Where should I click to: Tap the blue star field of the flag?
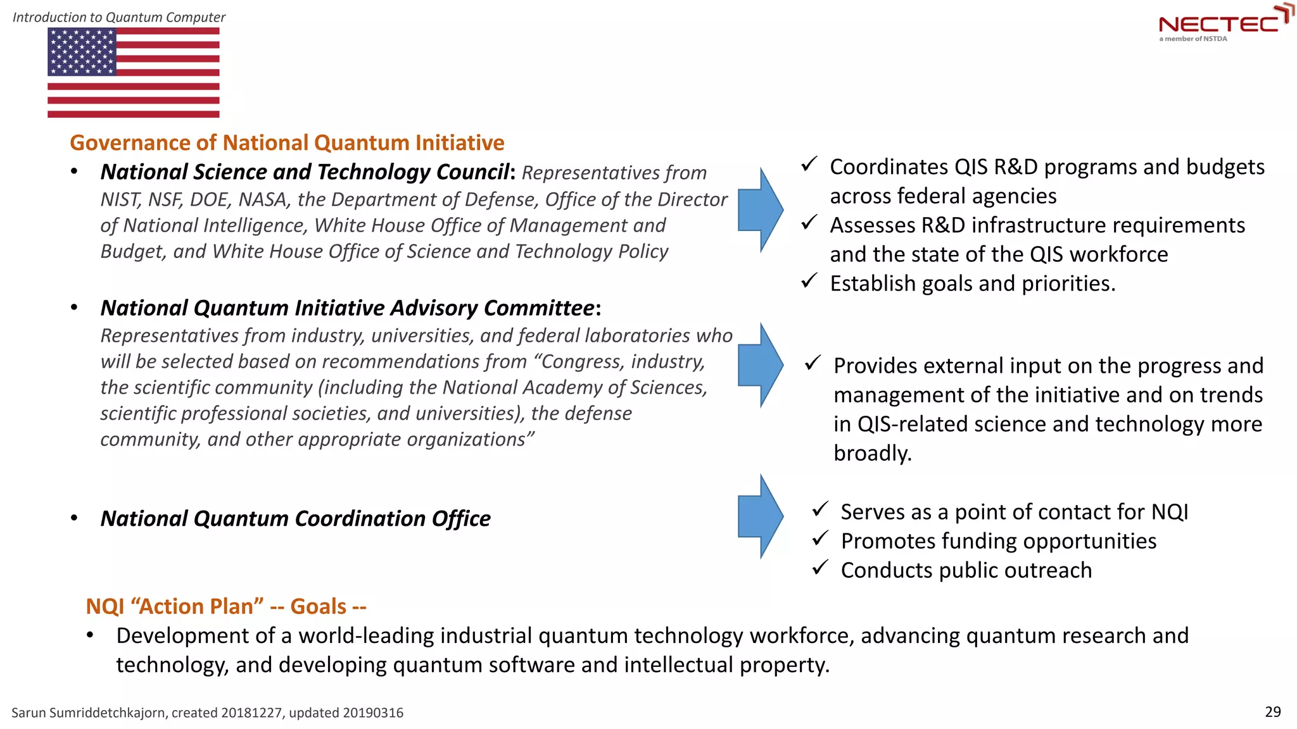82,52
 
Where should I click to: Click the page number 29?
1272,712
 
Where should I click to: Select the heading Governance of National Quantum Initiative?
287,143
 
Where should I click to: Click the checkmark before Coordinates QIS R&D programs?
809,164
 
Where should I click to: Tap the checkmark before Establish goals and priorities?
809,280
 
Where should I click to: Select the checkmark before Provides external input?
813,363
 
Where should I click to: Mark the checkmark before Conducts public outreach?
820,567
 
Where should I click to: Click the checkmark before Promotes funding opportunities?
820,538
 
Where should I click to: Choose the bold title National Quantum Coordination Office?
295,519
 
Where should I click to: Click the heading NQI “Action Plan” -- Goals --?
226,606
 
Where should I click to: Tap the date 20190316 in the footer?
373,713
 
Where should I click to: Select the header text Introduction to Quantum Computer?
119,17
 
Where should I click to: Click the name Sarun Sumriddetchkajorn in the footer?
89,713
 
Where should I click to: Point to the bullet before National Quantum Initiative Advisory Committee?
75,308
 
